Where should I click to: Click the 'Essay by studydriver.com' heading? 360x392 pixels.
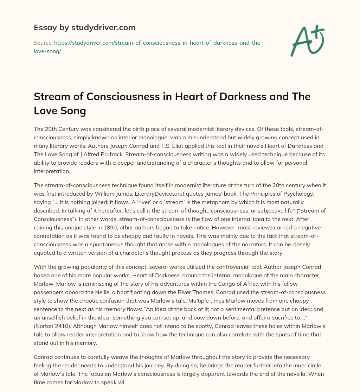coord(84,27)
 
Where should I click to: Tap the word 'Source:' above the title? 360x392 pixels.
coord(43,43)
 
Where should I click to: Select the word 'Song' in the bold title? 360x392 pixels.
coord(73,111)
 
